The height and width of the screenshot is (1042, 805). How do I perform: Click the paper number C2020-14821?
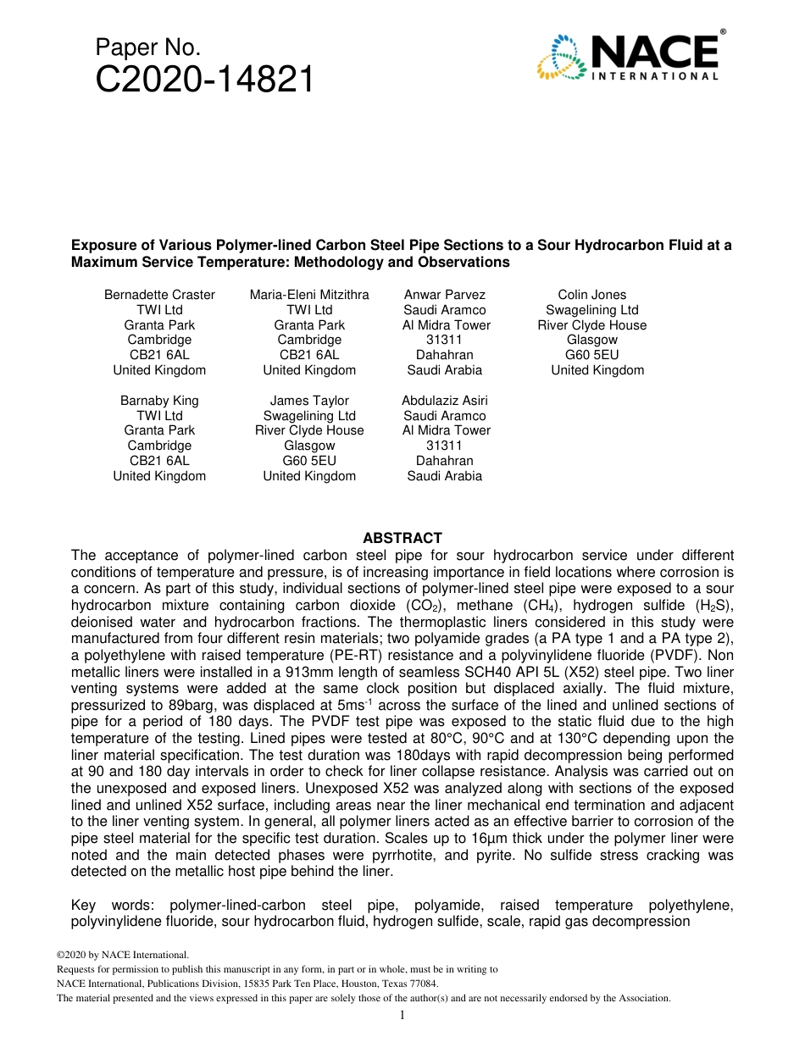[x=204, y=80]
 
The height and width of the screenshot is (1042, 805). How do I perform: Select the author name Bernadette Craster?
[x=159, y=295]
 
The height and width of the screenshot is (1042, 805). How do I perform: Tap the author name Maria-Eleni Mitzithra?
[x=309, y=295]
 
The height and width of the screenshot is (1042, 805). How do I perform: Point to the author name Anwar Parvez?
[x=444, y=295]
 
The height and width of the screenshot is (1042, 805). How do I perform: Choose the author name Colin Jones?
[x=591, y=295]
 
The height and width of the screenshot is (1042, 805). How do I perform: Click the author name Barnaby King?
[x=159, y=401]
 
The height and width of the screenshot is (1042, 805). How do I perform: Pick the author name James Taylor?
[x=309, y=401]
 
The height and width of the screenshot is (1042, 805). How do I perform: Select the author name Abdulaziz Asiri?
[x=444, y=401]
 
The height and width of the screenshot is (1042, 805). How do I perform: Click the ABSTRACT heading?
[x=402, y=538]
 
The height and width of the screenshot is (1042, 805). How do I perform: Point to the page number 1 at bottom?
[x=402, y=1015]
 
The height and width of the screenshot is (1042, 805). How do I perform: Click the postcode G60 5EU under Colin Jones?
[x=591, y=355]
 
